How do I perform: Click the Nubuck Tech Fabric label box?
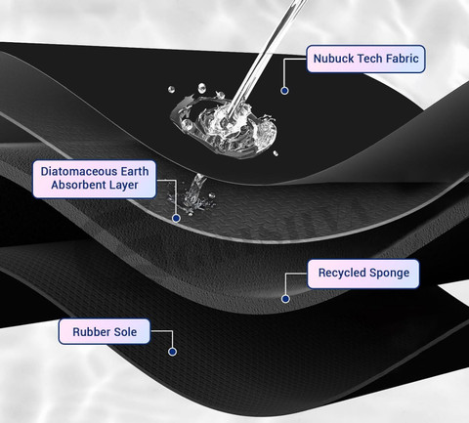[x=365, y=59]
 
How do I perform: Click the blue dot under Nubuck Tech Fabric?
[x=284, y=91]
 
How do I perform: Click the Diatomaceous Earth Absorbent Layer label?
[x=95, y=179]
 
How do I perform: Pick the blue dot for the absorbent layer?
[x=176, y=218]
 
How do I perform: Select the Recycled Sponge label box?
[x=363, y=274]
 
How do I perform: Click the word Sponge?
[x=392, y=274]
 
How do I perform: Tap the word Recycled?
[x=344, y=273]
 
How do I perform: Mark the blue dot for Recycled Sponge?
[x=285, y=299]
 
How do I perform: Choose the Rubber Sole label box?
[x=105, y=331]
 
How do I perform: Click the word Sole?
[x=125, y=332]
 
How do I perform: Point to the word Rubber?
[x=91, y=332]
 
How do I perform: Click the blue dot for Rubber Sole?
[x=172, y=352]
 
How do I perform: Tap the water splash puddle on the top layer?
[x=224, y=125]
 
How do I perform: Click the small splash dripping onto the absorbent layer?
[x=192, y=195]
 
